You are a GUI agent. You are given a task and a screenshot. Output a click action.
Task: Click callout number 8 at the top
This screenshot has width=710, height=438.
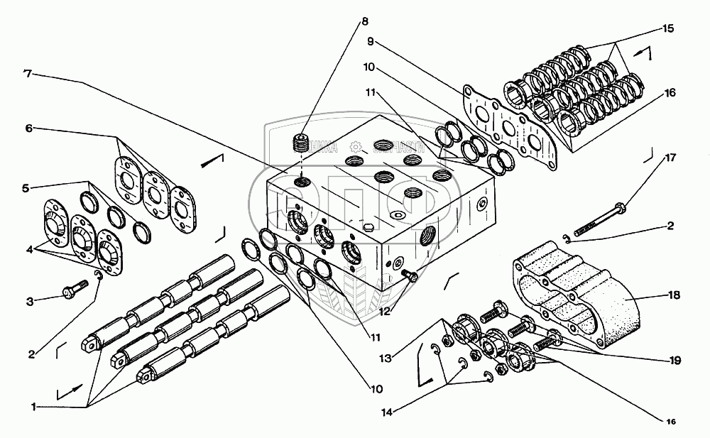coord(364,21)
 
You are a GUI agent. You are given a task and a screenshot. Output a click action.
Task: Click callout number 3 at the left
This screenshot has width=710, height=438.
coord(30,302)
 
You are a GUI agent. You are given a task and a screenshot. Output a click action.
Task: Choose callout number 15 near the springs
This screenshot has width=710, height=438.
coord(667,29)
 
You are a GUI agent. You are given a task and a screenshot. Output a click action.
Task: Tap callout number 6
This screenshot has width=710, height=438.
coord(29,128)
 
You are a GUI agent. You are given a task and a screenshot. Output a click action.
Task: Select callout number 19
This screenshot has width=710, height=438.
coord(674,361)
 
